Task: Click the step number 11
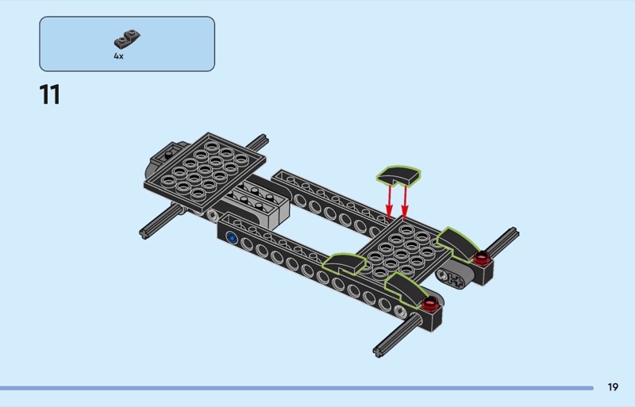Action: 50,94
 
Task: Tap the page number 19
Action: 613,387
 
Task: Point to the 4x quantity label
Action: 118,56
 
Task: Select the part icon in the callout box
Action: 127,39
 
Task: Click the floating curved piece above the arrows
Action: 398,175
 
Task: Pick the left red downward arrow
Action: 389,202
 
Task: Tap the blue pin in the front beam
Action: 232,238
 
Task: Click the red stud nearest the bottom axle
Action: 429,301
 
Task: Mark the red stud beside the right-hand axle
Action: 482,257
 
